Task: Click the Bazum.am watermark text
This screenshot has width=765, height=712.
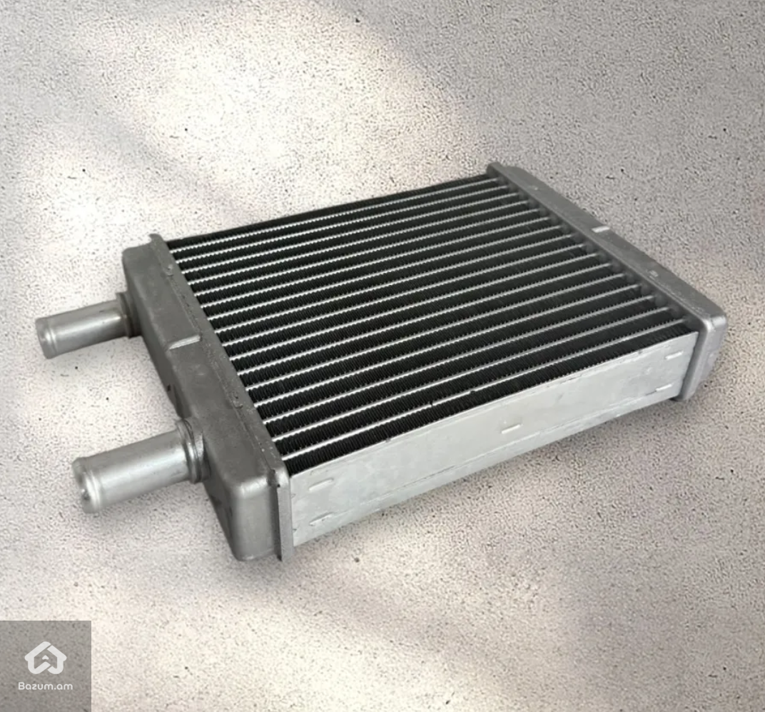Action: click(x=46, y=686)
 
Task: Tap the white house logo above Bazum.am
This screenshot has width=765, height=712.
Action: click(x=46, y=658)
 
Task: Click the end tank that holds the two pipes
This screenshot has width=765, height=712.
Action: click(x=205, y=391)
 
